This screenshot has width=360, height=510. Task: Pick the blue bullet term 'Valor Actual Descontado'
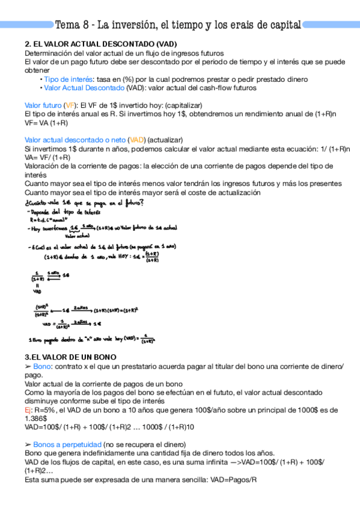pyautogui.click(x=84, y=87)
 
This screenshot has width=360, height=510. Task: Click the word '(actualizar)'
pyautogui.click(x=169, y=140)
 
